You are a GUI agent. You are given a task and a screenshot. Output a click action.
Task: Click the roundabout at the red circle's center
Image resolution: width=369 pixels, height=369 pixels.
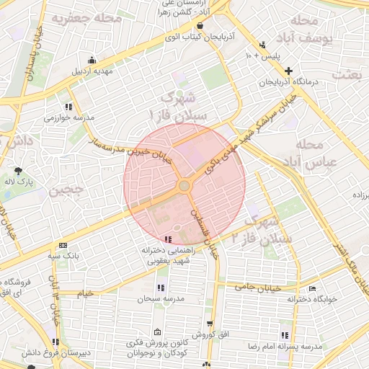click(184, 186)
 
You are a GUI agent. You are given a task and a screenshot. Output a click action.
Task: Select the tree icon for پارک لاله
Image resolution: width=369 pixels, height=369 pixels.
click(17, 170)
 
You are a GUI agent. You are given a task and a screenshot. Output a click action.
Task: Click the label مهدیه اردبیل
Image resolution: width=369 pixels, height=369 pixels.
click(92, 71)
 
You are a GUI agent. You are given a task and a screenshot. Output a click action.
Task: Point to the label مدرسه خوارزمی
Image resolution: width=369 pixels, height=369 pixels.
click(69, 117)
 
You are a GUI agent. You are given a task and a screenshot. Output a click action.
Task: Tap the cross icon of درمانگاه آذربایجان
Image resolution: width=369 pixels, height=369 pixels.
click(288, 71)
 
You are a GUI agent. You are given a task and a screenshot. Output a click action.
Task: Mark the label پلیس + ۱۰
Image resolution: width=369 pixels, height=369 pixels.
click(262, 55)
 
